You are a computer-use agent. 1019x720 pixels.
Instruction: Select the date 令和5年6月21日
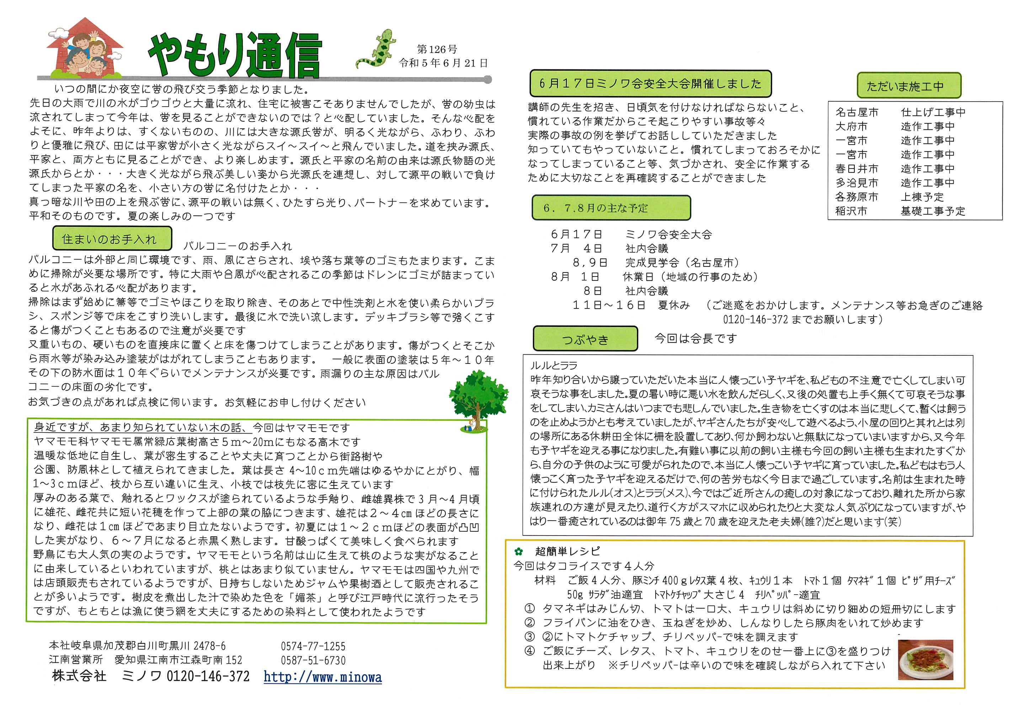coord(443,63)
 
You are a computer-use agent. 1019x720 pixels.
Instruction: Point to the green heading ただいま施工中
coord(908,86)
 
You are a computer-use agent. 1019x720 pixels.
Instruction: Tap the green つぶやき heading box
coord(585,339)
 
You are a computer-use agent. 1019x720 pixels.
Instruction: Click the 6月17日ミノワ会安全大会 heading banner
coord(650,84)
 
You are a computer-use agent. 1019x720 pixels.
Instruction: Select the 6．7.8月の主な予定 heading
coord(611,208)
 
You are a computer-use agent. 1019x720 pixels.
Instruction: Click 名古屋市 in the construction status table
coord(857,112)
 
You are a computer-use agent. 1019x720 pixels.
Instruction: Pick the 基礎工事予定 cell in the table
coord(933,211)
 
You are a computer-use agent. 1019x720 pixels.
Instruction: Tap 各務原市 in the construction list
coord(857,197)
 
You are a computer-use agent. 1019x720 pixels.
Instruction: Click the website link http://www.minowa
coord(322,677)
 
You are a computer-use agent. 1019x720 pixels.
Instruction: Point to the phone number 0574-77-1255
coord(313,646)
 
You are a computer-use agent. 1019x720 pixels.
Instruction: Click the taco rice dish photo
coord(925,660)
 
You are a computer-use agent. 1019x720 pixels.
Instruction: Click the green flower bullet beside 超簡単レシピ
coord(518,552)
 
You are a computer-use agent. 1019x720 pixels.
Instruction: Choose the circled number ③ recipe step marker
coord(530,637)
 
